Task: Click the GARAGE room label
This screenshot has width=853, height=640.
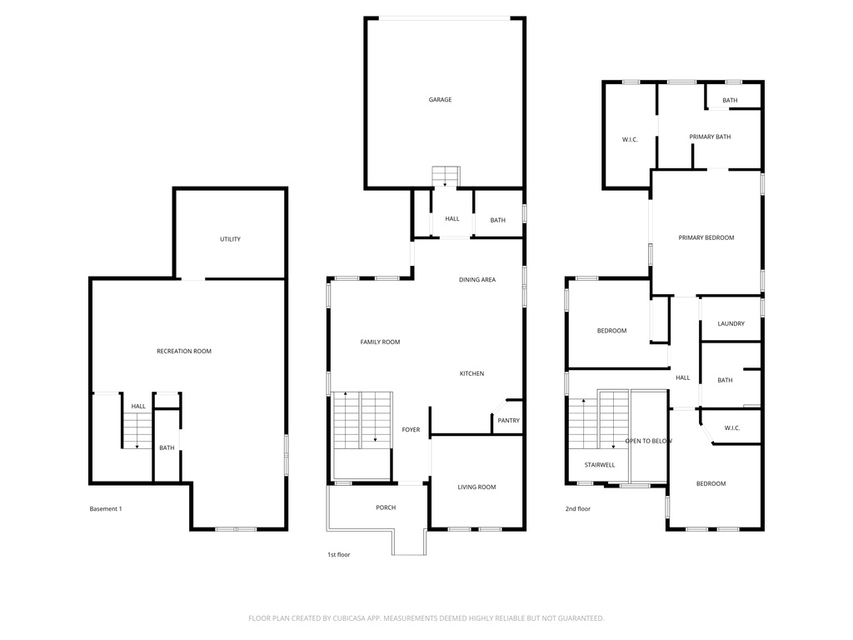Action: [440, 100]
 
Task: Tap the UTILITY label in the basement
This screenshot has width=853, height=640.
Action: [230, 239]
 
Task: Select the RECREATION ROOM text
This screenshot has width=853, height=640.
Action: [184, 352]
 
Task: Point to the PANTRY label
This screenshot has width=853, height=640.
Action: [508, 421]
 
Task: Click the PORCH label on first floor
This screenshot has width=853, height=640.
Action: [386, 507]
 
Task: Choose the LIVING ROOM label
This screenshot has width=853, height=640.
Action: [476, 487]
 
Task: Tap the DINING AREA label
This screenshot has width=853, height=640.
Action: [476, 280]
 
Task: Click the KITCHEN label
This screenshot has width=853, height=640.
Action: [471, 374]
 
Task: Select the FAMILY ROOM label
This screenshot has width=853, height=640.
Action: [380, 342]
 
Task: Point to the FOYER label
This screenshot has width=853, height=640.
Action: [411, 430]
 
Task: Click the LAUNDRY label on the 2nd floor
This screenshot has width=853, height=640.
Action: [731, 324]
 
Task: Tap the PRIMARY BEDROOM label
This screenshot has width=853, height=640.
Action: [706, 238]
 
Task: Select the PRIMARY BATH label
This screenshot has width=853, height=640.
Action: [710, 137]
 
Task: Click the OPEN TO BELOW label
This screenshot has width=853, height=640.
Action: [648, 441]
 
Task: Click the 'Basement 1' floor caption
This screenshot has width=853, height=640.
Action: [106, 509]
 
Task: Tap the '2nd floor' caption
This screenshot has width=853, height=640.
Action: [577, 508]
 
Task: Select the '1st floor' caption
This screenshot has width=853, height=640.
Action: [338, 554]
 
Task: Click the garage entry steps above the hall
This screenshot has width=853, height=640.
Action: [445, 177]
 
